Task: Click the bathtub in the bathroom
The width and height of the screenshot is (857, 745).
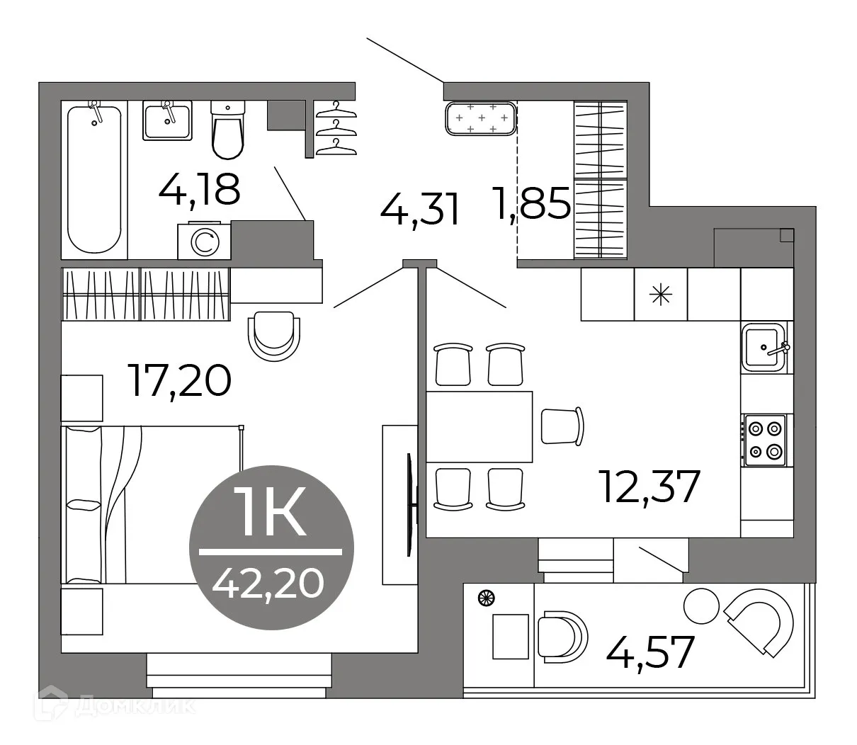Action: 94,179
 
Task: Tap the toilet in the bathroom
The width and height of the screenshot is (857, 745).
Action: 227,130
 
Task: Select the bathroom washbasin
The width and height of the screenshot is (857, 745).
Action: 167,120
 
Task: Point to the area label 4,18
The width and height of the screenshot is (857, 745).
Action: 200,189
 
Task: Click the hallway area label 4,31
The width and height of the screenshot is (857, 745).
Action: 421,210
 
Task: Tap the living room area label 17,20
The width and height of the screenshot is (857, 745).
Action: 178,380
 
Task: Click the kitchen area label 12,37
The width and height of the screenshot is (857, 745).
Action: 649,487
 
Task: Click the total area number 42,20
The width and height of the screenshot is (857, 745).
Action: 268,583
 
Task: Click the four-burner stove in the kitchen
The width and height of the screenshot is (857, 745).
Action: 765,440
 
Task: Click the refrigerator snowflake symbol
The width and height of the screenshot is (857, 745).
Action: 661,295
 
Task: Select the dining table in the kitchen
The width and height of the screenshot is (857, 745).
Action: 479,426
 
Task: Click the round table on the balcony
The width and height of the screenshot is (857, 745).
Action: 700,604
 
